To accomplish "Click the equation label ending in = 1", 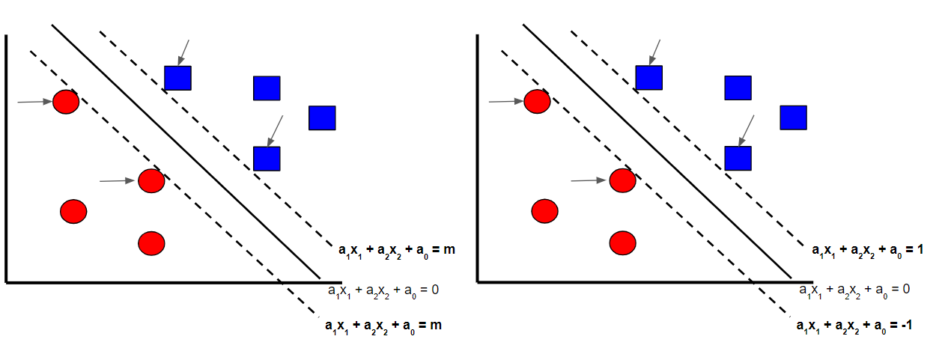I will (868, 251).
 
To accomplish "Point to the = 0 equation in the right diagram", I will (856, 289).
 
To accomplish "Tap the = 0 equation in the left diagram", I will (383, 289).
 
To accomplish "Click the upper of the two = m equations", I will (396, 251).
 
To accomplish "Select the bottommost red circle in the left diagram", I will (151, 242).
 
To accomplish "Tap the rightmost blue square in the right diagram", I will (793, 118).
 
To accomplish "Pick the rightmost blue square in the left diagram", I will (322, 118).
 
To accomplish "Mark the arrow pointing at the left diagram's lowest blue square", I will (276, 129).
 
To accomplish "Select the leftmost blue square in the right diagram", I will (648, 78).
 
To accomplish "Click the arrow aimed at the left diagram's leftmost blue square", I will (183, 52).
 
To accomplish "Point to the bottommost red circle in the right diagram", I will (622, 242).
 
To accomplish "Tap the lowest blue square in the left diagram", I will (267, 159).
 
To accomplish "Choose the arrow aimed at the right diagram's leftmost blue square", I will (655, 52).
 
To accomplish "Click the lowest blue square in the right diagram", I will (738, 159).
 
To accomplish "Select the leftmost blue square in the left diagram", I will (177, 78).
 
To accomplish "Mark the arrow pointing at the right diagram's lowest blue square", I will (747, 129).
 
